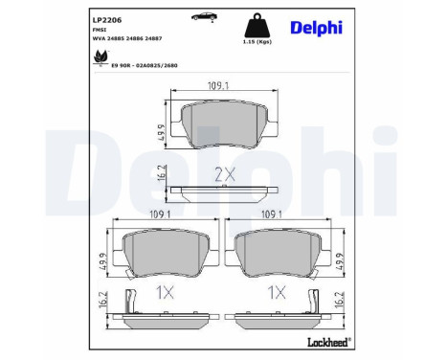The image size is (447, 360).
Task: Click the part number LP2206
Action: coord(79,19)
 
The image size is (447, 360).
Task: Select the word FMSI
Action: coord(73,31)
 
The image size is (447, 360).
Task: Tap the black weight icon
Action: coord(256,26)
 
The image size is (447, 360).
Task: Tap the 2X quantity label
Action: coord(224,174)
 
